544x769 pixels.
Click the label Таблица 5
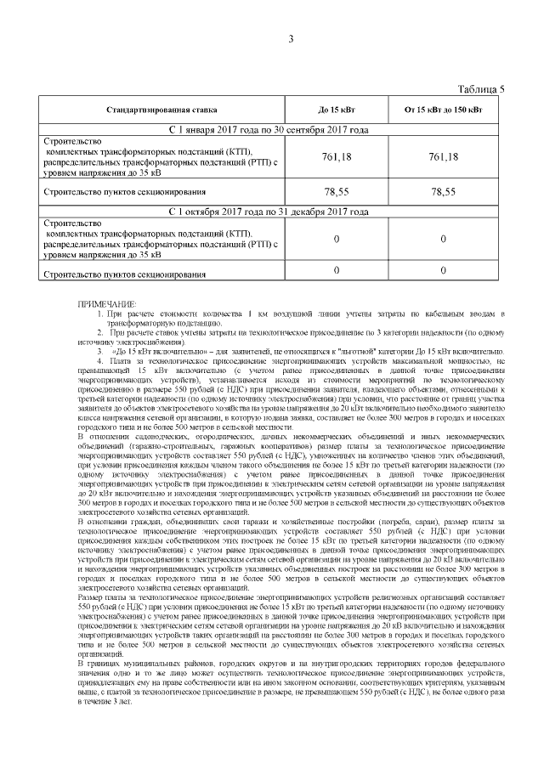[x=481, y=88]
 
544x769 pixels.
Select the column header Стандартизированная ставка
[x=161, y=110]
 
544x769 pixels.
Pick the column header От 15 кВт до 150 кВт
[x=443, y=110]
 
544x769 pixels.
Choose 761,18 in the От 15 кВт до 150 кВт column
[x=443, y=157]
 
